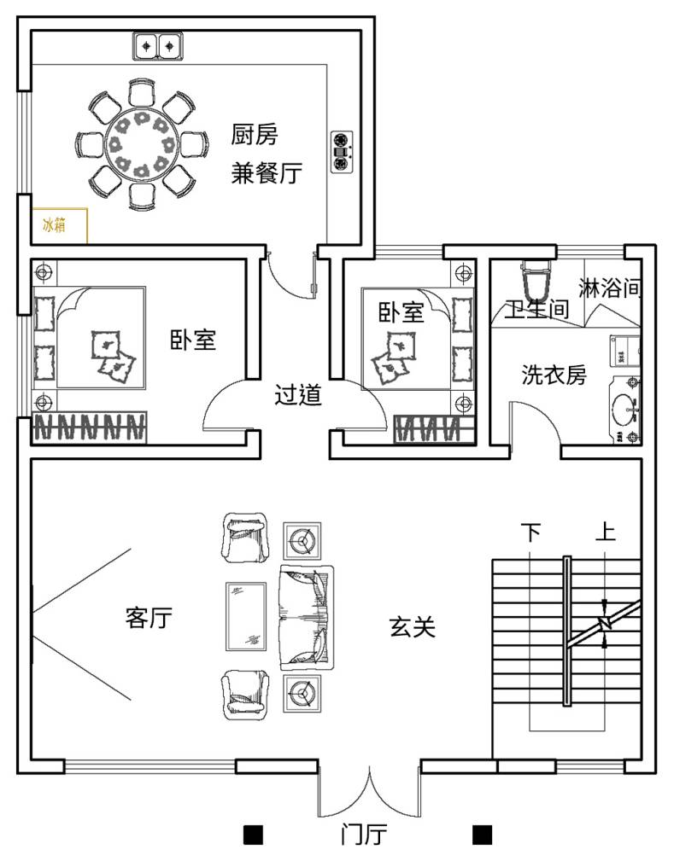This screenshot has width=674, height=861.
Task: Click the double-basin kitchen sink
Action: click(158, 46)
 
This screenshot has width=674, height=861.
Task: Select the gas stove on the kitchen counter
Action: click(342, 152)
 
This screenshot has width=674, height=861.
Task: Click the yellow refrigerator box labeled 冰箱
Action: click(60, 225)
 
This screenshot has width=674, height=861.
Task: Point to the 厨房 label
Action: click(254, 135)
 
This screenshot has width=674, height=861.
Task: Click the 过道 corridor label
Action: click(297, 394)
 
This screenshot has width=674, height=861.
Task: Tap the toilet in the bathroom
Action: click(536, 283)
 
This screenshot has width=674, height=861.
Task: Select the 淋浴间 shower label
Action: click(609, 288)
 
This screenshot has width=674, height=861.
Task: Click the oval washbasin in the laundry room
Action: click(624, 409)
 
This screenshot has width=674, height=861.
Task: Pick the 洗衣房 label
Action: click(554, 375)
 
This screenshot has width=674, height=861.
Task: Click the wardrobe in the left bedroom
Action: click(89, 427)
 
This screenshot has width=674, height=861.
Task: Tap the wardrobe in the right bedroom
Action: click(434, 428)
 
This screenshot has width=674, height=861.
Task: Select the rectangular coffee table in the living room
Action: click(246, 617)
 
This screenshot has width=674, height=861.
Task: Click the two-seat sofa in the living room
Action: click(307, 617)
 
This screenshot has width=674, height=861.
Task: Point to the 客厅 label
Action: click(149, 617)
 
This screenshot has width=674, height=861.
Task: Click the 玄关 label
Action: click(413, 626)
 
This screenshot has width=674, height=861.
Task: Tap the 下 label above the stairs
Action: click(530, 532)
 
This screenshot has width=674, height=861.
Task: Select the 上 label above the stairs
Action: click(606, 531)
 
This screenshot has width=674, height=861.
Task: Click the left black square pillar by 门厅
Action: click(254, 835)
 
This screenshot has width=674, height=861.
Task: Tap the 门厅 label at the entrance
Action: click(363, 835)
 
